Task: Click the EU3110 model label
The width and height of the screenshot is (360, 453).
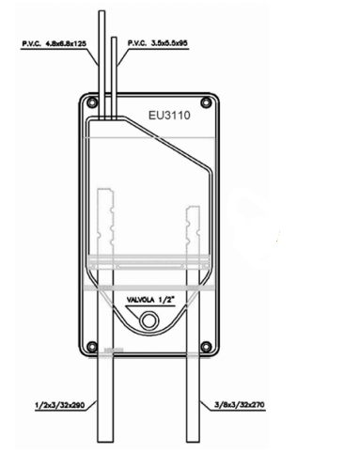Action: tap(169, 116)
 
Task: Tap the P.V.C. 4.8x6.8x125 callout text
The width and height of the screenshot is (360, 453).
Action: tap(54, 43)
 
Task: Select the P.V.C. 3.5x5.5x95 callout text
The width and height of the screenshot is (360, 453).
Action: tap(158, 43)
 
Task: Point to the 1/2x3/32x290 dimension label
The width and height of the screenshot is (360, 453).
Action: tap(59, 405)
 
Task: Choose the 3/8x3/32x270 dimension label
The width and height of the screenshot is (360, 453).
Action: tap(240, 405)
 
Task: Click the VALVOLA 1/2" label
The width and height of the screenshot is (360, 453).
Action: tap(150, 300)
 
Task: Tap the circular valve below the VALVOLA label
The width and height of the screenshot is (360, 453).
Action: tap(149, 320)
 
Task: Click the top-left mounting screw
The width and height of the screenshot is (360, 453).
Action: tap(92, 102)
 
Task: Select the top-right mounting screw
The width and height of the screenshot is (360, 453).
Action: tap(206, 102)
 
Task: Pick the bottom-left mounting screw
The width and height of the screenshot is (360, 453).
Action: tap(92, 347)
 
